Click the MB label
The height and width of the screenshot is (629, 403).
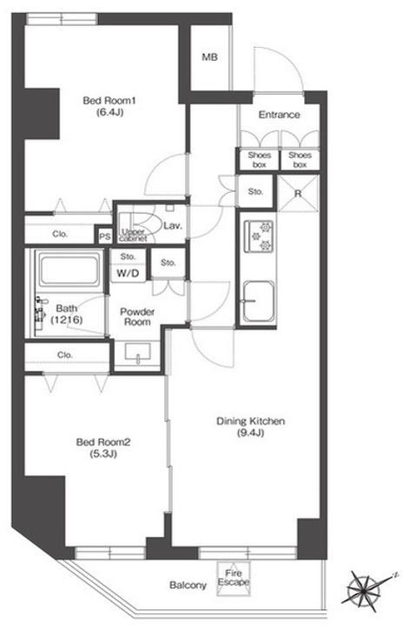(209, 57)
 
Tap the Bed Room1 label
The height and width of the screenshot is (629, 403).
(109, 100)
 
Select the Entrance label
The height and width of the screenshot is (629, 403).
(279, 115)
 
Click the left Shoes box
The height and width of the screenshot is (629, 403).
(260, 160)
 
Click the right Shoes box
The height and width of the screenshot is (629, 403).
(300, 160)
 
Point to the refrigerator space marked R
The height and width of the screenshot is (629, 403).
(298, 194)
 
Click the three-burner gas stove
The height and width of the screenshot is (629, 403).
(259, 236)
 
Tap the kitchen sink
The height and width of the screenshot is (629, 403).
(259, 301)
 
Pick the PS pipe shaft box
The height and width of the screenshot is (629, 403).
(105, 236)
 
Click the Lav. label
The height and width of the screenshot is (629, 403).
(173, 226)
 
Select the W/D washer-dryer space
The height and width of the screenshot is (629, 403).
(128, 274)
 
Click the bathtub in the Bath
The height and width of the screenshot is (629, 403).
(69, 268)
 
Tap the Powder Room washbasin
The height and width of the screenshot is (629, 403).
(137, 353)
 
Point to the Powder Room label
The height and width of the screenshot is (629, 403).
(137, 316)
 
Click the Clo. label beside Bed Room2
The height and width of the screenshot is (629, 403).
(65, 355)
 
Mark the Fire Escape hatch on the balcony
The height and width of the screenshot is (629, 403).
(234, 578)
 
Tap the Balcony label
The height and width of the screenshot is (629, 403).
(188, 586)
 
